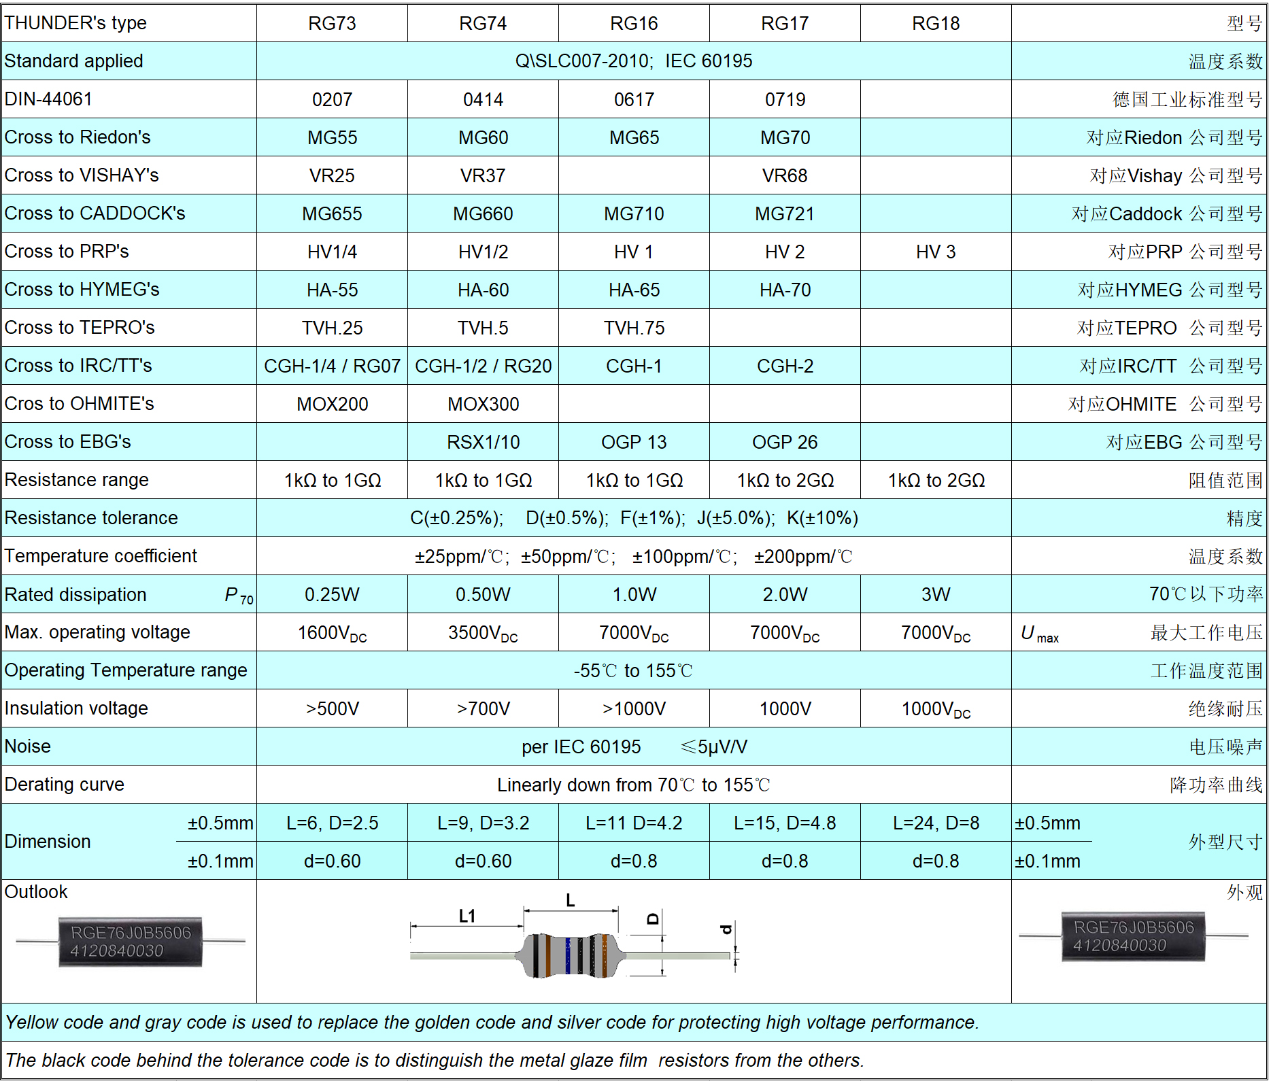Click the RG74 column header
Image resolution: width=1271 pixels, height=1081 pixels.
click(483, 24)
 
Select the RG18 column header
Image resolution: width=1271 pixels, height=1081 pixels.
click(936, 24)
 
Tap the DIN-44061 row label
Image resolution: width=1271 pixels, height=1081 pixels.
click(48, 99)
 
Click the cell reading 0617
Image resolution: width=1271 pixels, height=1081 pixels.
click(634, 100)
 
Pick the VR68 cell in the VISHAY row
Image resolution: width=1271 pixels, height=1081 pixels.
click(785, 176)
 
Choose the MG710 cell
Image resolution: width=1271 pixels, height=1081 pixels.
click(634, 214)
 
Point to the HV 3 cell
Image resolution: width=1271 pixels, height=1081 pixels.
click(936, 252)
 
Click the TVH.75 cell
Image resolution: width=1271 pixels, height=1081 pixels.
click(634, 328)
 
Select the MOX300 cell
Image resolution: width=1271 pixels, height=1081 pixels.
click(483, 405)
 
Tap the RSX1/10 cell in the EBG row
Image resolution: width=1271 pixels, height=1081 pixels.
click(483, 443)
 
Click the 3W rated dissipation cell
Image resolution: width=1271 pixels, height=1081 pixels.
click(936, 595)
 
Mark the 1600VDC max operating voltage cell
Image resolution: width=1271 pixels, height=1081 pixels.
click(332, 633)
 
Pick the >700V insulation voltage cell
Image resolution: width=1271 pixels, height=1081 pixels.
click(483, 709)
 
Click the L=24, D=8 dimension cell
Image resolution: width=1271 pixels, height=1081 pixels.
click(936, 823)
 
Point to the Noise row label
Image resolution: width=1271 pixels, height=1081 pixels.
click(28, 747)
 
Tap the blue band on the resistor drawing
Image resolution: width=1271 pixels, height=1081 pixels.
click(568, 955)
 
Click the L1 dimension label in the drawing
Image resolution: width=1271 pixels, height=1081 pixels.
click(467, 916)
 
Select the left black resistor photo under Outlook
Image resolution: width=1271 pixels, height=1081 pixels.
click(131, 942)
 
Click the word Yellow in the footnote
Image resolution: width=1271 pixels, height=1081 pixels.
click(31, 1023)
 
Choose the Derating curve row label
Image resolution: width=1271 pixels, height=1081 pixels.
click(65, 785)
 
